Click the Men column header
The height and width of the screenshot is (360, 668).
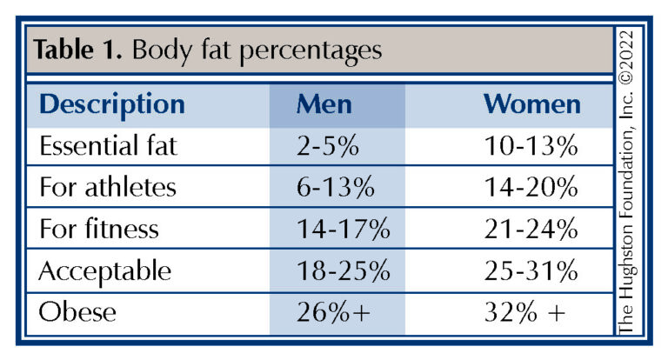click(x=324, y=104)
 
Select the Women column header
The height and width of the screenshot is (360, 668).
click(x=531, y=104)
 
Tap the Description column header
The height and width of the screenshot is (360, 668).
click(x=112, y=104)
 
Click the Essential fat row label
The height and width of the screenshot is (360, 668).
click(x=108, y=146)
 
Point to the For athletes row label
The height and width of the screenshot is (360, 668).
click(x=107, y=188)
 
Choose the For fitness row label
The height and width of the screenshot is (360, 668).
click(x=99, y=230)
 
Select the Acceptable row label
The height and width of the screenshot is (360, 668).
click(x=105, y=271)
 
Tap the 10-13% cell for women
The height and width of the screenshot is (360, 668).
click(x=531, y=146)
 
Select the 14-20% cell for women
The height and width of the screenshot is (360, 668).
click(x=531, y=188)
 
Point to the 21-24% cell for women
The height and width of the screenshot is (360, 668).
click(x=531, y=230)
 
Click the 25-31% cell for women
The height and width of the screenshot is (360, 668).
click(x=531, y=271)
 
